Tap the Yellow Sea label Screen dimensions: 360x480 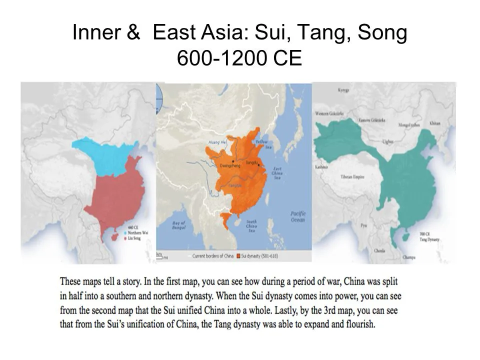tap(261, 145)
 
